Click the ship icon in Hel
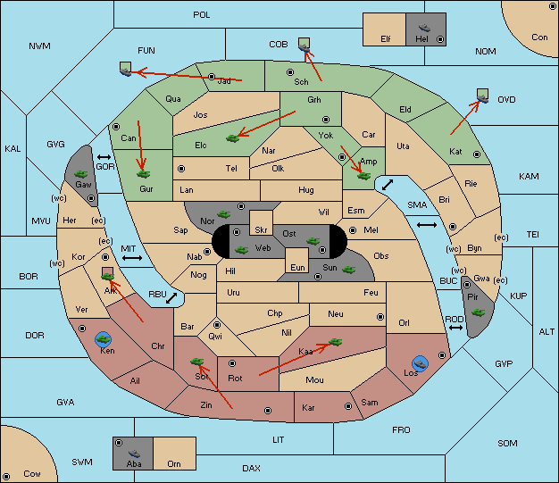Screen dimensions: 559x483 pyautogui.click(x=424, y=28)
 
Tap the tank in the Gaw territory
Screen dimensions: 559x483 pyautogui.click(x=80, y=174)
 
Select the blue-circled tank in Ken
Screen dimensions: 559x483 pyautogui.click(x=104, y=339)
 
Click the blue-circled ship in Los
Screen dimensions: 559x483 pyautogui.click(x=421, y=363)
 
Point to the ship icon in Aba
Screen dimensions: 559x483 pyautogui.click(x=134, y=453)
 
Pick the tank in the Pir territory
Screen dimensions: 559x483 pyautogui.click(x=478, y=312)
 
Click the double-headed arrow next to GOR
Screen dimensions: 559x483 pyautogui.click(x=104, y=157)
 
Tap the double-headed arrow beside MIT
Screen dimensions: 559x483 pyautogui.click(x=132, y=258)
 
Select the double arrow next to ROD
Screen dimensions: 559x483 pyautogui.click(x=455, y=328)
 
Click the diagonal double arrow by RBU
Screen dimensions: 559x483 pyautogui.click(x=171, y=298)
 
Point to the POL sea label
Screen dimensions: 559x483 pyautogui.click(x=202, y=15)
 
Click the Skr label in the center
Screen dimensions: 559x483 pyautogui.click(x=261, y=230)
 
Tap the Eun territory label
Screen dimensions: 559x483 pyautogui.click(x=297, y=267)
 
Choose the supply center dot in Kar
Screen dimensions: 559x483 pyautogui.click(x=348, y=406)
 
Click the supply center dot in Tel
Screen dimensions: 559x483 pyautogui.click(x=181, y=168)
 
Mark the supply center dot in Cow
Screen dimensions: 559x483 pyautogui.click(x=6, y=476)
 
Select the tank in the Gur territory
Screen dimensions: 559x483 pyautogui.click(x=143, y=174)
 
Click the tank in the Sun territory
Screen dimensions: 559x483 pyautogui.click(x=348, y=270)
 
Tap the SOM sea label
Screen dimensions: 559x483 pyautogui.click(x=507, y=444)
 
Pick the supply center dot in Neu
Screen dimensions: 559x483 pyautogui.click(x=380, y=317)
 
